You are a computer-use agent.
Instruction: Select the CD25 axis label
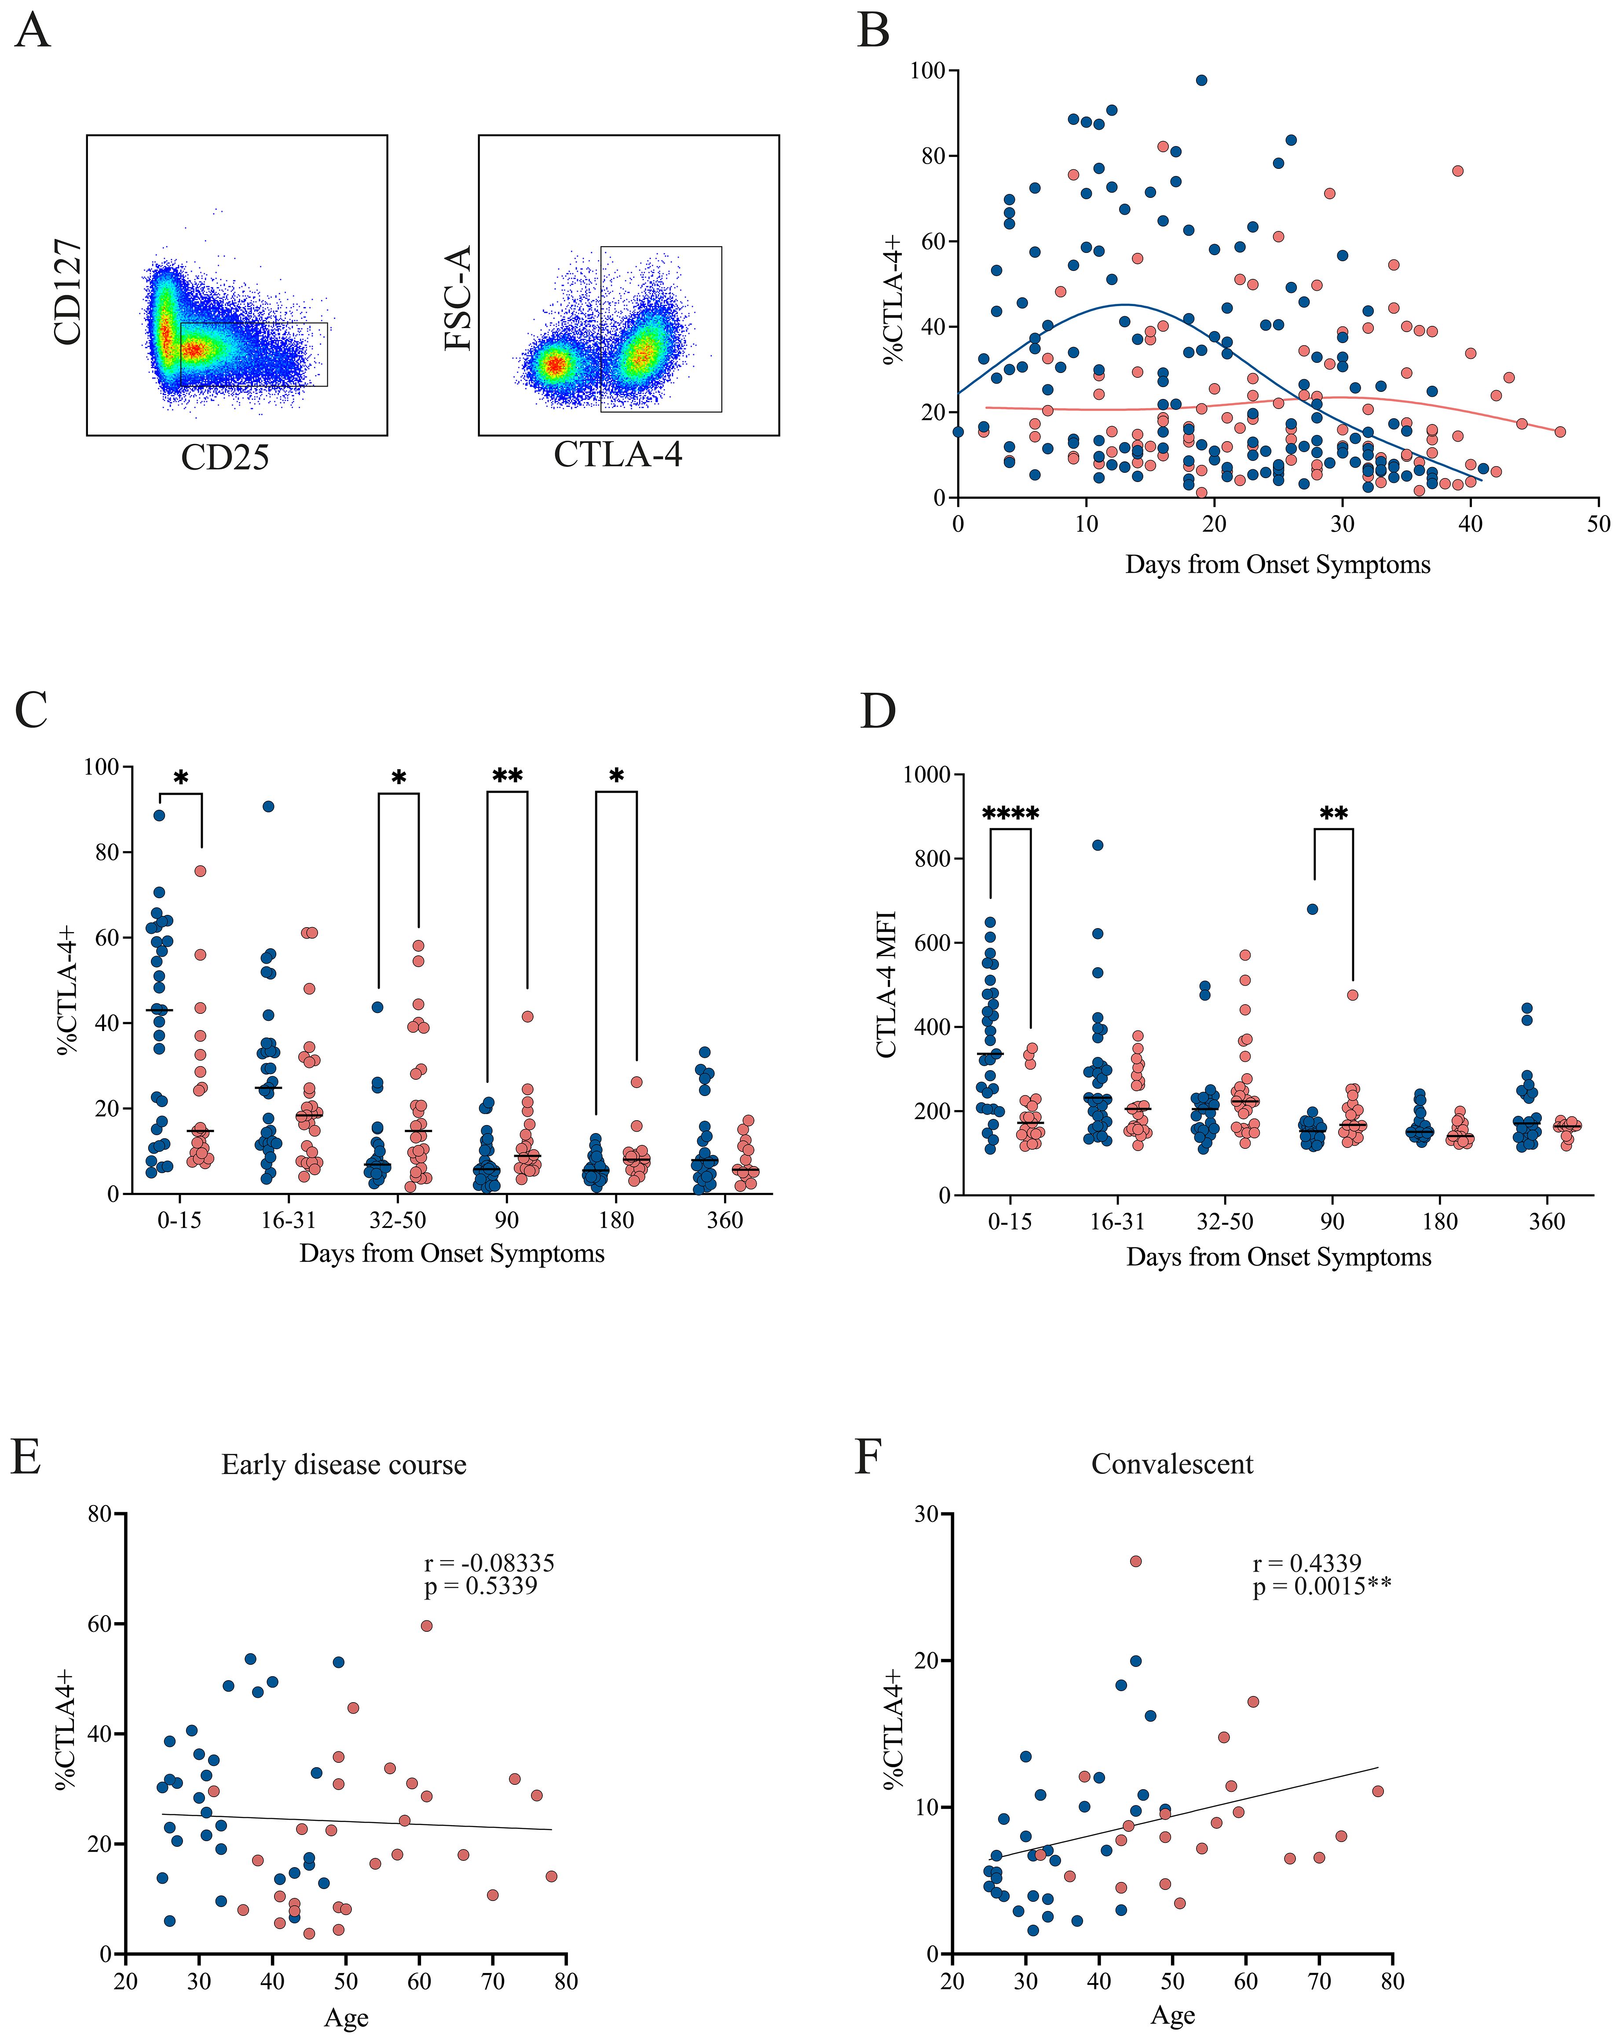tap(226, 458)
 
